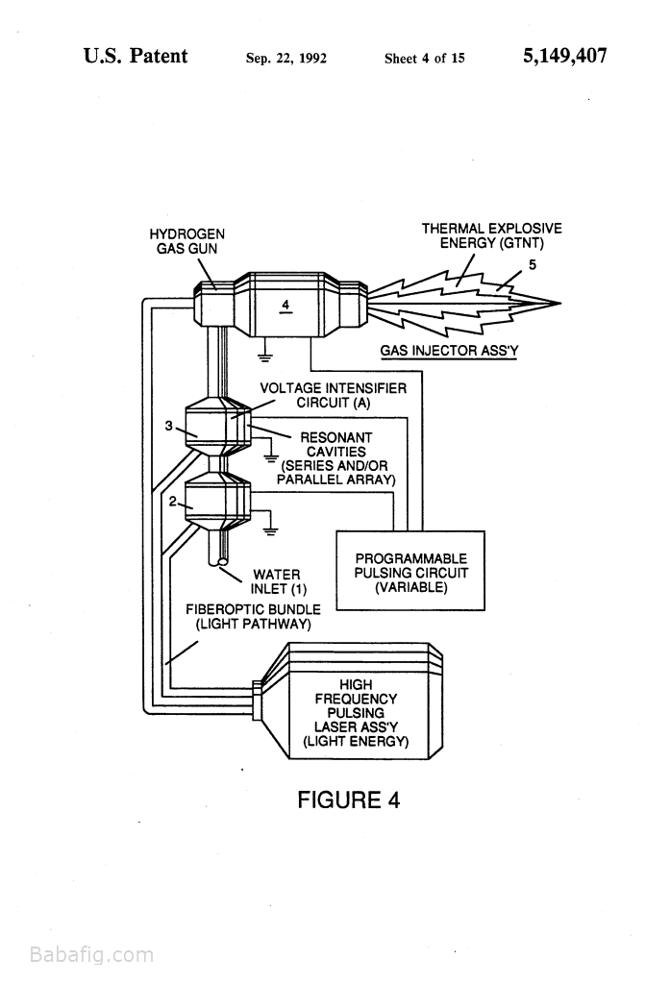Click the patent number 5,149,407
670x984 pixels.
click(x=564, y=56)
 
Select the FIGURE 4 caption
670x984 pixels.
click(x=348, y=799)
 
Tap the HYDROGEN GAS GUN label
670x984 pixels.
click(x=187, y=240)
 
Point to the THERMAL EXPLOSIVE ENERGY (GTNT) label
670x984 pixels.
click(x=491, y=235)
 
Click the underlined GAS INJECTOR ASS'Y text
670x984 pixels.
click(x=449, y=351)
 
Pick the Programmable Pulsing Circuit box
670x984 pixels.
click(x=410, y=572)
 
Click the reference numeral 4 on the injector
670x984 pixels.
click(x=285, y=306)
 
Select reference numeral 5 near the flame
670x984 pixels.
click(x=532, y=265)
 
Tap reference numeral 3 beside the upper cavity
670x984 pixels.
click(x=168, y=426)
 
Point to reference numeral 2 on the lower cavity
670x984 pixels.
click(x=173, y=502)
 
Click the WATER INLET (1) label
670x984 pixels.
click(x=276, y=581)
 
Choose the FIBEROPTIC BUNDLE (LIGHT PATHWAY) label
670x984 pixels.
click(x=253, y=616)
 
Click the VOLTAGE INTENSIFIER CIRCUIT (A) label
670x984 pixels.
click(x=334, y=395)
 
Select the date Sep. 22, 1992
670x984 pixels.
click(x=286, y=59)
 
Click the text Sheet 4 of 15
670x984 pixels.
click(x=424, y=59)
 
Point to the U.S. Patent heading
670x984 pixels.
click(x=136, y=56)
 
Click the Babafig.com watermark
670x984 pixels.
click(x=91, y=955)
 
